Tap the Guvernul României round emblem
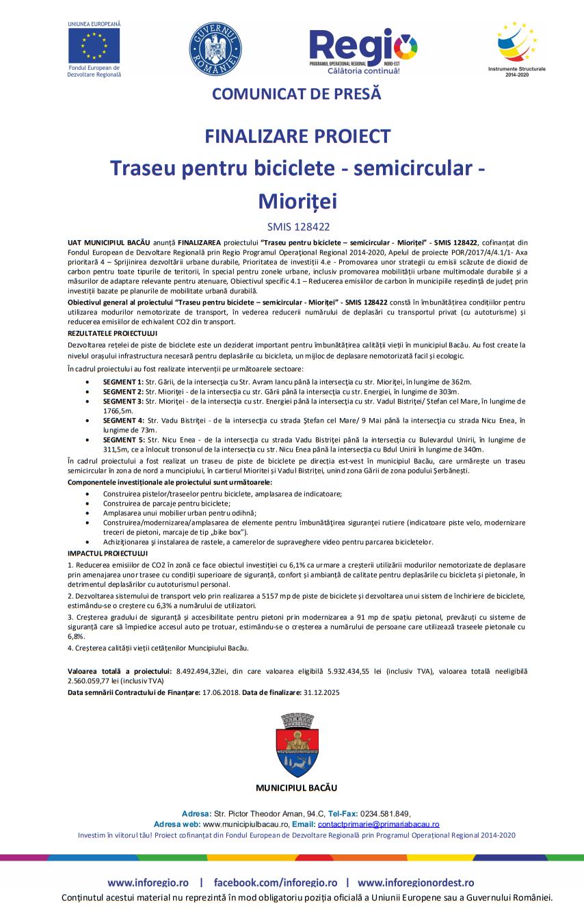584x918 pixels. (215, 49)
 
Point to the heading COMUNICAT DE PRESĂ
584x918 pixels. (296, 94)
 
